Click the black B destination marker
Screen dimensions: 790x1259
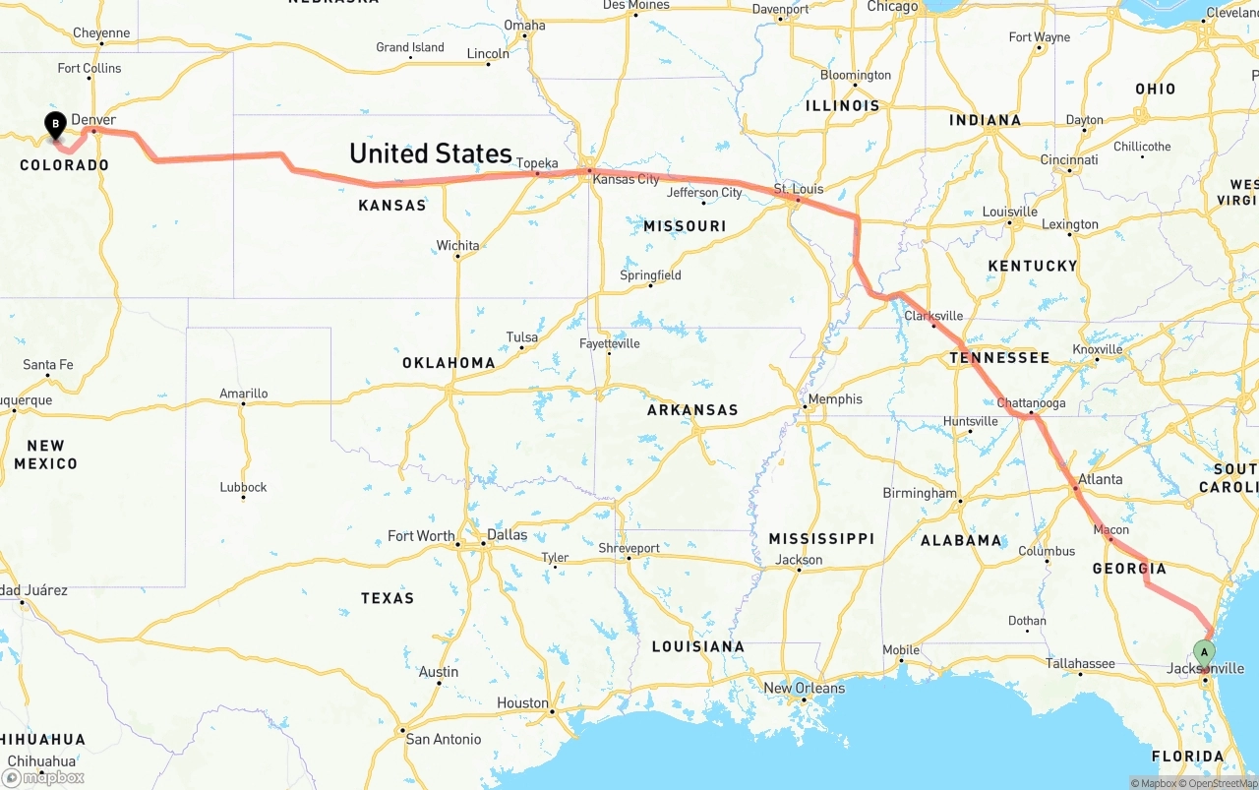click(56, 124)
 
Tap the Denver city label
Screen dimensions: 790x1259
click(93, 119)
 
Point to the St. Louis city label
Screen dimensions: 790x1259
click(797, 188)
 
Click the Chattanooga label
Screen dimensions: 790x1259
click(1031, 403)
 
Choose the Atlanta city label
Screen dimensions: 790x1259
click(1100, 479)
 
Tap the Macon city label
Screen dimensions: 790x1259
click(1111, 530)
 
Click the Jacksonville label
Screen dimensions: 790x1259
click(1205, 669)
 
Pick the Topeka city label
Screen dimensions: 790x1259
click(537, 163)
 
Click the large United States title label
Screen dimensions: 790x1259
click(431, 152)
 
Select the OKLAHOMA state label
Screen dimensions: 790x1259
click(449, 363)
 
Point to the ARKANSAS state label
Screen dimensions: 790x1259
click(692, 410)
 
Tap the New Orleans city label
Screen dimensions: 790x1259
click(804, 688)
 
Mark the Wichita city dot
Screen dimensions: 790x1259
click(457, 257)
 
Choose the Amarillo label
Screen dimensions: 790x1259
click(243, 394)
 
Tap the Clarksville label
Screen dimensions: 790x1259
click(933, 316)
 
